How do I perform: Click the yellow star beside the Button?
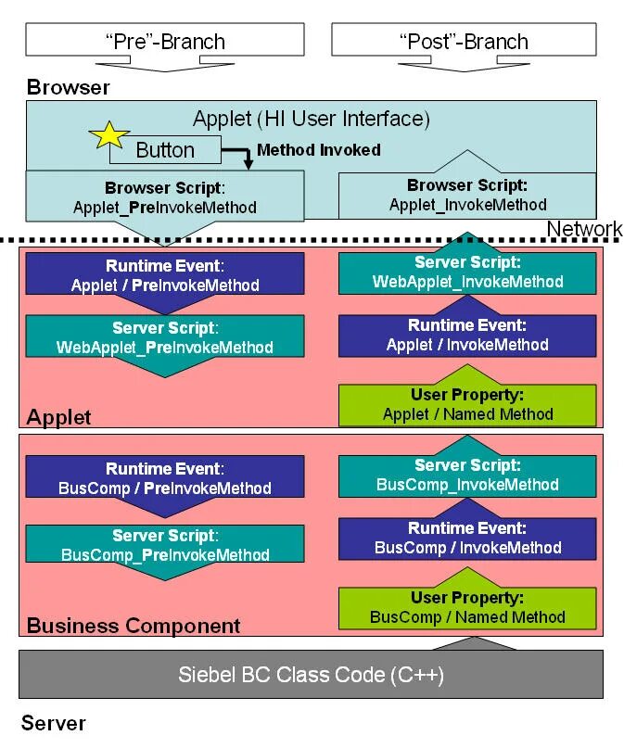109,135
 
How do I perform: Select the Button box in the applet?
166,150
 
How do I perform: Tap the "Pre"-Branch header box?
164,41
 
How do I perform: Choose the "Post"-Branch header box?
464,41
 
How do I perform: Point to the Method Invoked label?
318,149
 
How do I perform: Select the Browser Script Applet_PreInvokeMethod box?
165,197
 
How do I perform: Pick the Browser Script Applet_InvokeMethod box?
467,196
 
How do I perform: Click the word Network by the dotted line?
584,229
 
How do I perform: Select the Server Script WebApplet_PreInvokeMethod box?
165,338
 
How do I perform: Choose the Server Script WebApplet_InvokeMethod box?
467,273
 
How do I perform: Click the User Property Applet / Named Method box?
467,405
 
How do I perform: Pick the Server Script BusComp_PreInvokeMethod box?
165,546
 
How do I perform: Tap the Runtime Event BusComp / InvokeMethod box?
467,539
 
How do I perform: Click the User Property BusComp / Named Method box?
467,608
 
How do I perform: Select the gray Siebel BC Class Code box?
312,674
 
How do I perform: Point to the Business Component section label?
134,626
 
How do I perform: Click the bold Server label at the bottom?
54,723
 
